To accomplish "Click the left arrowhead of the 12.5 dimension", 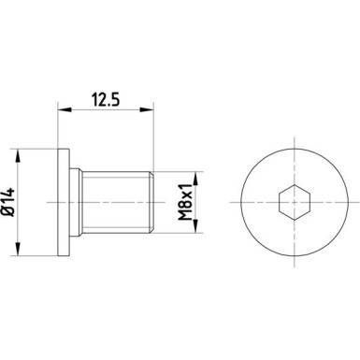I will click(x=63, y=109).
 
